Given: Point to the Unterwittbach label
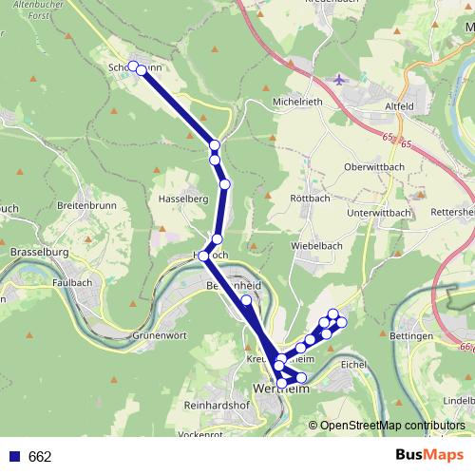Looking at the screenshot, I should (x=378, y=213).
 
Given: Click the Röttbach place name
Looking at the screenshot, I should (x=308, y=199).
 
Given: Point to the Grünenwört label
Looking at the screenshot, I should (x=158, y=334).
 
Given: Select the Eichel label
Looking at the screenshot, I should (x=352, y=364).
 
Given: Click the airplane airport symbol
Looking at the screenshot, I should (x=341, y=79).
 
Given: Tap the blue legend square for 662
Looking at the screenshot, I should (x=14, y=456).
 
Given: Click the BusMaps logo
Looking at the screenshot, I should (x=430, y=455).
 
